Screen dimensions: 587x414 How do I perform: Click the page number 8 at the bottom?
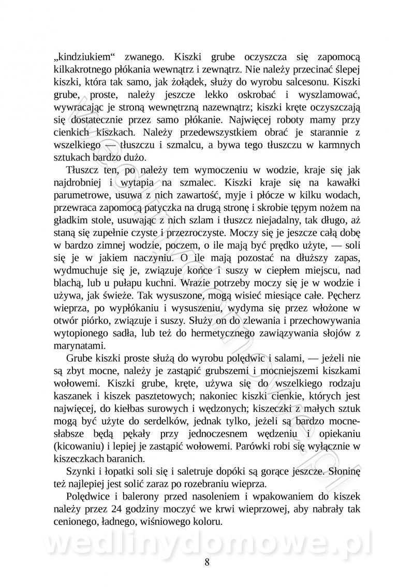[207, 563]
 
